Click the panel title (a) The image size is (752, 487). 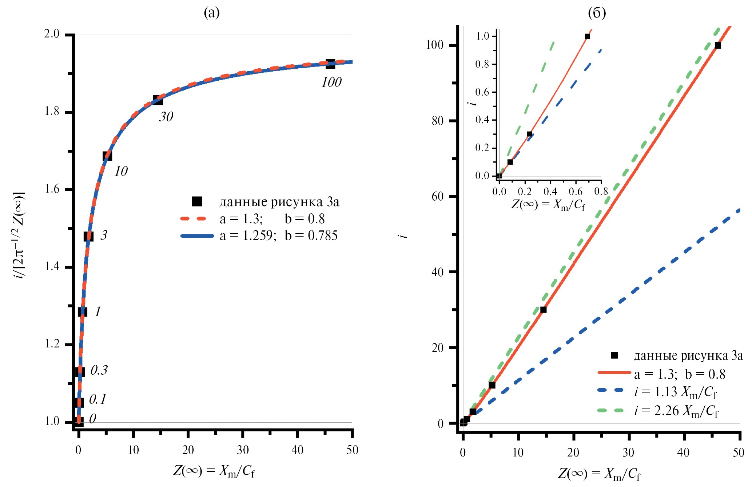[x=212, y=13]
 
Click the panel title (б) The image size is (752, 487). [x=597, y=13]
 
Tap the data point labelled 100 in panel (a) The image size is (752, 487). [x=330, y=64]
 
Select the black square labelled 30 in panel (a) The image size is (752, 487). [x=158, y=100]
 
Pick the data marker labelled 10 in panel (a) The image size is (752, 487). [x=107, y=156]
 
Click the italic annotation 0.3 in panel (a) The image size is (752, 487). [x=99, y=370]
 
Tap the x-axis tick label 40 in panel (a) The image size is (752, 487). [x=297, y=450]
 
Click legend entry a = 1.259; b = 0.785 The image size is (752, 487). [x=278, y=236]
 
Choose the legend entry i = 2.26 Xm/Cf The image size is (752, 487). [x=676, y=411]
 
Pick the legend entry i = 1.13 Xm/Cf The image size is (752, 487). [x=675, y=392]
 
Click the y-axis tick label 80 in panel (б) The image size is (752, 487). [x=438, y=121]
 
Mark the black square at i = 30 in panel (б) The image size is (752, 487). [x=543, y=310]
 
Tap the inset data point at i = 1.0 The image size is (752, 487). [x=587, y=36]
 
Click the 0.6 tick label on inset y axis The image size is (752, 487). [x=482, y=92]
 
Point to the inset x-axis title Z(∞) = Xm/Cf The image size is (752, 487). [x=548, y=205]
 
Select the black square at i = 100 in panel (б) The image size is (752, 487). [x=718, y=45]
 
